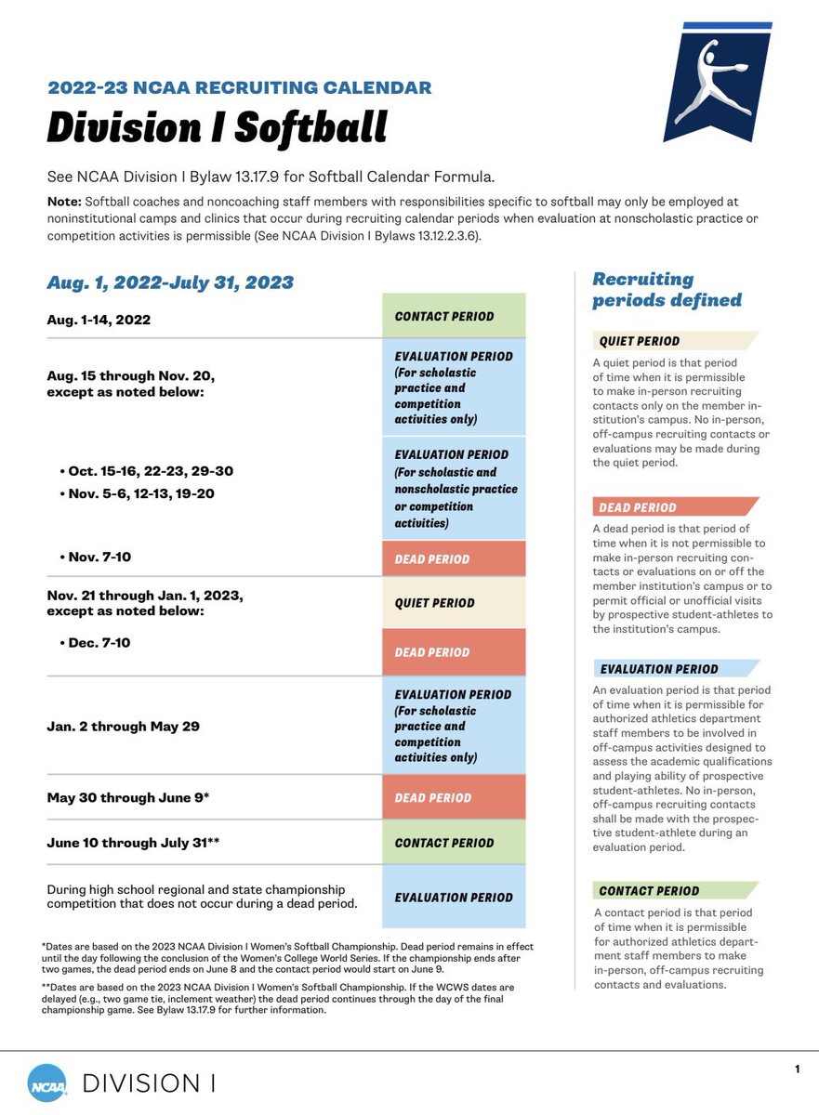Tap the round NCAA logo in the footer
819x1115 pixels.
click(46, 1082)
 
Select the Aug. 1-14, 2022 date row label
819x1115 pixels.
click(99, 320)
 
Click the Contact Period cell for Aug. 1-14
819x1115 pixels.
click(454, 316)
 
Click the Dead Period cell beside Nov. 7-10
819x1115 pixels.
click(454, 559)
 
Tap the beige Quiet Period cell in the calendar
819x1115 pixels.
click(454, 603)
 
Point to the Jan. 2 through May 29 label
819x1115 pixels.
click(124, 727)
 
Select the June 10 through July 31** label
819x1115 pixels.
click(133, 843)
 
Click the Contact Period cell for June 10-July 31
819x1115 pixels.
click(454, 843)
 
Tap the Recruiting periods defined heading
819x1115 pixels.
click(667, 289)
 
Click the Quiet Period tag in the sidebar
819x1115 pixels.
click(640, 341)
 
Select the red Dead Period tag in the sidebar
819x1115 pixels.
click(638, 507)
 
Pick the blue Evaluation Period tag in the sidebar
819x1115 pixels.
click(658, 669)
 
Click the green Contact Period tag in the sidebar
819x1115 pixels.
click(649, 890)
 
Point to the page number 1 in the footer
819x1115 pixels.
click(797, 1069)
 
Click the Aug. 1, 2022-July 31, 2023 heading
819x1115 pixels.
click(170, 282)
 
